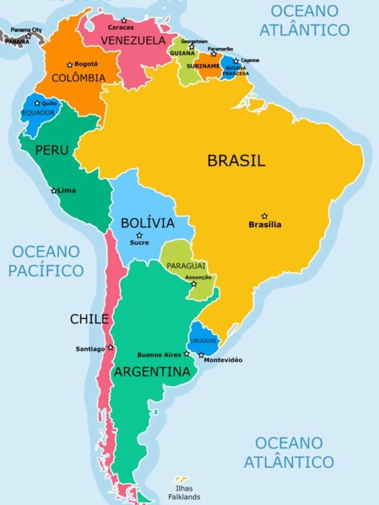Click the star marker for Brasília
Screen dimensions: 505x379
point(265,216)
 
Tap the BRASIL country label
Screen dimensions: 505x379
point(236,160)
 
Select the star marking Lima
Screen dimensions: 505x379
point(54,191)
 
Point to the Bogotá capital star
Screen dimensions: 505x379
point(70,65)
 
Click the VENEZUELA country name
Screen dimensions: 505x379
point(133,41)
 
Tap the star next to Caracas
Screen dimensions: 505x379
point(124,21)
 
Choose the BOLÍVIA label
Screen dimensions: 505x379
point(147,223)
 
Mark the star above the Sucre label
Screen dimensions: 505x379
point(139,235)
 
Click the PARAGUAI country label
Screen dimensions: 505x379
point(185,266)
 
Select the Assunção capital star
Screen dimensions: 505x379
point(194,284)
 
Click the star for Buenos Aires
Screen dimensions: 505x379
point(187,353)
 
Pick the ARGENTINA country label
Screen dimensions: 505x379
point(152,372)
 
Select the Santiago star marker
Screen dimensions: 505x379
point(110,348)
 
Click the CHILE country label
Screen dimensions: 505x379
point(89,319)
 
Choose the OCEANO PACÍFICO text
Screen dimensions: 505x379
point(46,261)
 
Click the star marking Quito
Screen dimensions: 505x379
point(37,103)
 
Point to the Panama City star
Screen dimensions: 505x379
point(28,36)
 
